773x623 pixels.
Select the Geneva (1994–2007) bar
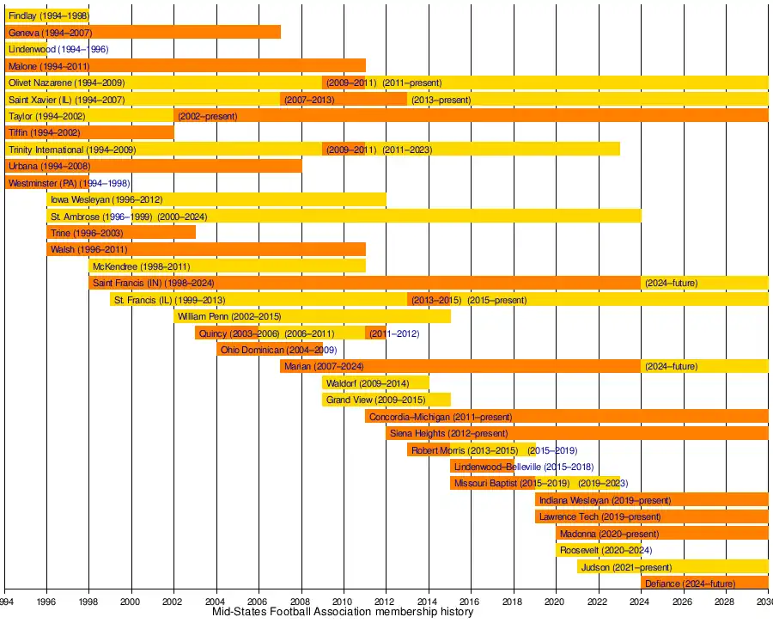[143, 32]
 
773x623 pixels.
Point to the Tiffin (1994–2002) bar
[89, 132]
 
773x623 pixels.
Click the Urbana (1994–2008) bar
[153, 166]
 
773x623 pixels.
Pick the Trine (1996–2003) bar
[121, 233]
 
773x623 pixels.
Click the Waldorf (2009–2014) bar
[375, 383]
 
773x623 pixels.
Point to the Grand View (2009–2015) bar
[386, 400]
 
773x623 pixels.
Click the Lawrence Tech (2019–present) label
[600, 517]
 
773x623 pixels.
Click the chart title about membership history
[343, 613]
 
